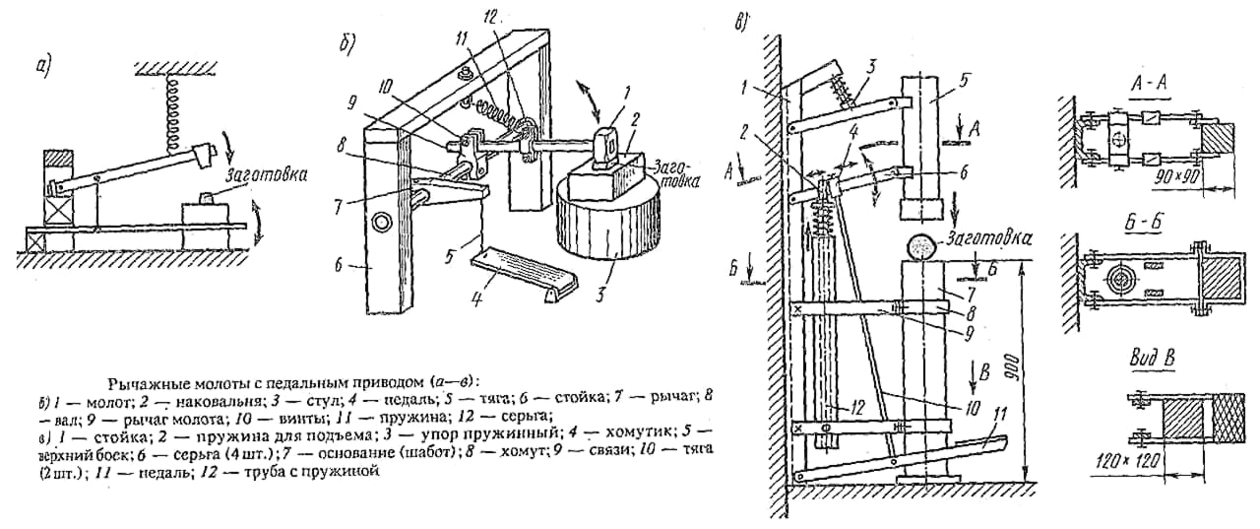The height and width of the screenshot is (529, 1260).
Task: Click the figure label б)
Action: tap(347, 40)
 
